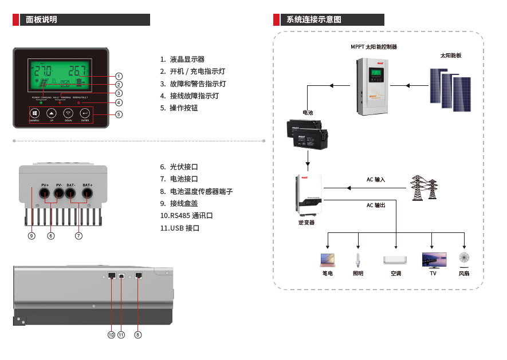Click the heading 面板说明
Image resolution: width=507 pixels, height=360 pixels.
42,19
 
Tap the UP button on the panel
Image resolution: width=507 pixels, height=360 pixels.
51,113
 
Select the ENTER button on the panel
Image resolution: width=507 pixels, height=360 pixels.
85,113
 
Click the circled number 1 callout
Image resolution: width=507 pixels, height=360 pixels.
119,76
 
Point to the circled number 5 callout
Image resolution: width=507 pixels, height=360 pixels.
119,114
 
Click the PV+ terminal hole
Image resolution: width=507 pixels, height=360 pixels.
45,195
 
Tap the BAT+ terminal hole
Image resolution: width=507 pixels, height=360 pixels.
87,195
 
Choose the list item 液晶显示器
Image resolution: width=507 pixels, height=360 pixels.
187,60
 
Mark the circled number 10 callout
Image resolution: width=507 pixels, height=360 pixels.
111,335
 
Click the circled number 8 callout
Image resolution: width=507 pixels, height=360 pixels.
138,335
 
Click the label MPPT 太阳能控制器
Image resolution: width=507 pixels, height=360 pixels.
374,47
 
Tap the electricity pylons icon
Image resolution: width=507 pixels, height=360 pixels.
424,188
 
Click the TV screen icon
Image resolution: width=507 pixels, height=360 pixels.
434,260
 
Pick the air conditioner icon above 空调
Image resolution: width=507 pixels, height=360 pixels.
395,260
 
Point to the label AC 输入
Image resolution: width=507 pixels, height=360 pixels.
376,180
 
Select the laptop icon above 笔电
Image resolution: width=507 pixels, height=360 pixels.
328,260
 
